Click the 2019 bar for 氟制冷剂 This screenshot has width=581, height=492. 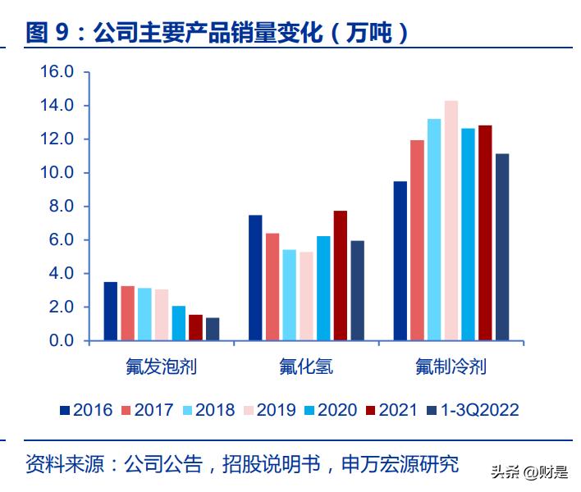tap(451, 221)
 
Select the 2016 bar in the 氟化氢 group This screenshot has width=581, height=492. tap(255, 277)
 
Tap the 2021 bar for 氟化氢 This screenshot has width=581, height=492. tap(340, 276)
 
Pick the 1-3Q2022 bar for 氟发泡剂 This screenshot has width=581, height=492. tap(213, 329)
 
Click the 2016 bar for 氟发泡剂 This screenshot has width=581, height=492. tap(111, 311)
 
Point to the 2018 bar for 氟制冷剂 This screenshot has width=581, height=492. tap(434, 230)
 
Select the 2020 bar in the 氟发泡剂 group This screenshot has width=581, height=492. tap(178, 323)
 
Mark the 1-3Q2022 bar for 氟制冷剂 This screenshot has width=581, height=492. tap(502, 247)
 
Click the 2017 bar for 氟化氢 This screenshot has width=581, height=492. tap(272, 287)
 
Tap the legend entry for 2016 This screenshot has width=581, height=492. tap(85, 410)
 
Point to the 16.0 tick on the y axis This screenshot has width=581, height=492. tap(57, 72)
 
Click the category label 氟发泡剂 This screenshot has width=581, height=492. tap(161, 366)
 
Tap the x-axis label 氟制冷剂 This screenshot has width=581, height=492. tap(451, 366)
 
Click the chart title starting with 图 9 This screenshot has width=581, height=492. tap(217, 33)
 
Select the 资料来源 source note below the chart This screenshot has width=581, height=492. tap(242, 464)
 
